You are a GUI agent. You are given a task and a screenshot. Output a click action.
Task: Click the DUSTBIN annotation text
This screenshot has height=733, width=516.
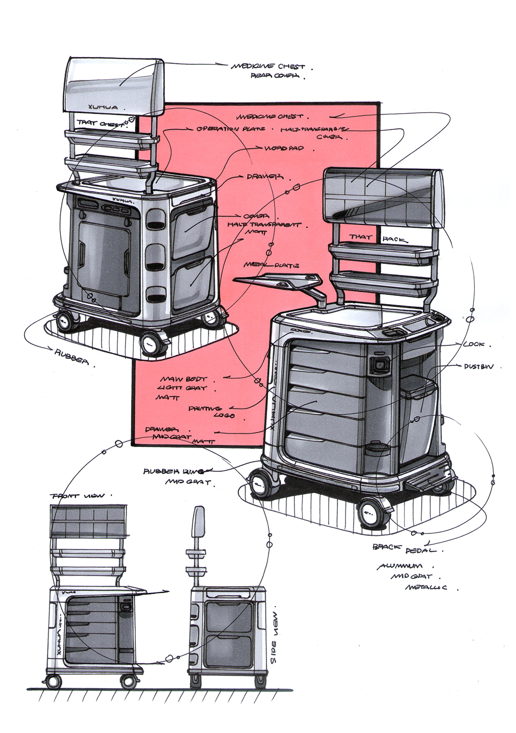pos(478,366)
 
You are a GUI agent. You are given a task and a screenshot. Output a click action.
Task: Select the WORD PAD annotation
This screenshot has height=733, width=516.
pos(284,148)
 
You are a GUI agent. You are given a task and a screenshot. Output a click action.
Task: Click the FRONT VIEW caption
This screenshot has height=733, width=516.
pos(77,496)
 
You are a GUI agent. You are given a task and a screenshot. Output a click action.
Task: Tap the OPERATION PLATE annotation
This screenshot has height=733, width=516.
pos(231,129)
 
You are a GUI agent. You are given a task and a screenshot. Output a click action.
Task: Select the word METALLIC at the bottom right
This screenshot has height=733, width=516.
pos(426,587)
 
